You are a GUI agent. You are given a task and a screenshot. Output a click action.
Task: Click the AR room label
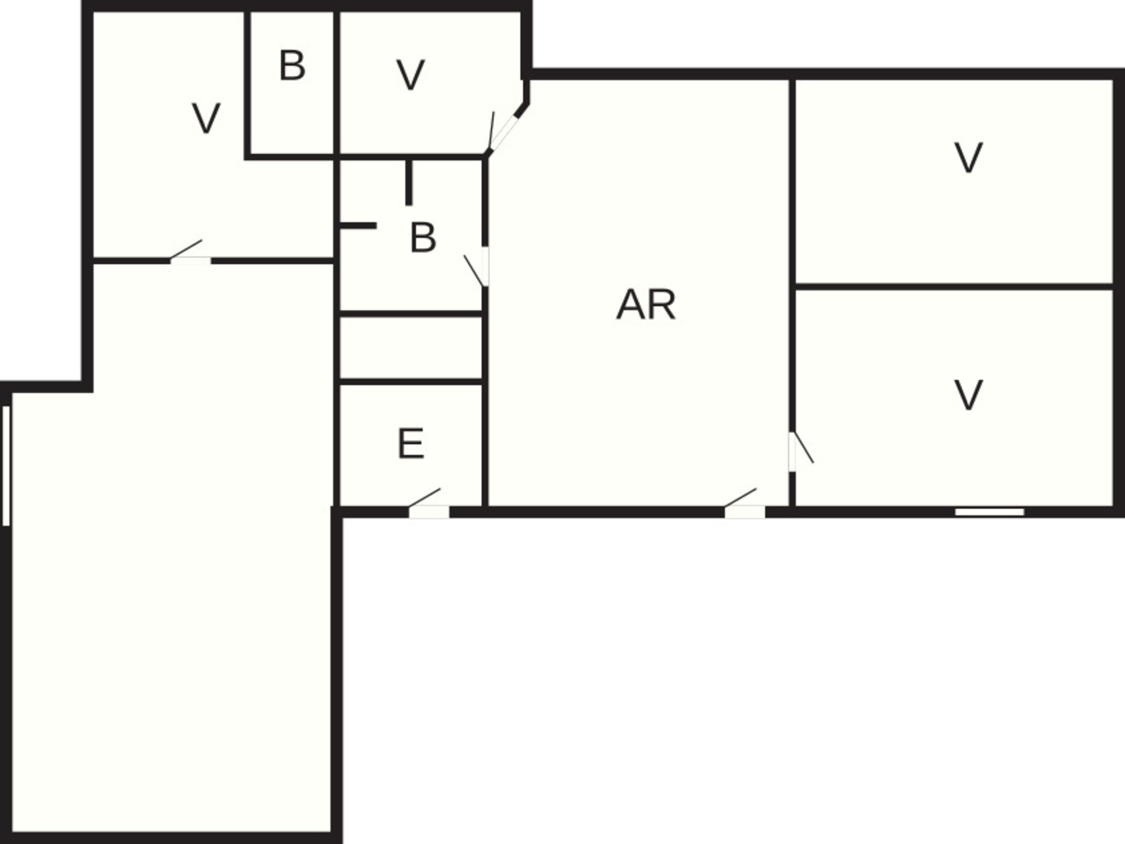click(646, 305)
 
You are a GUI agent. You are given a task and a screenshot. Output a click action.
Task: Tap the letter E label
click(411, 444)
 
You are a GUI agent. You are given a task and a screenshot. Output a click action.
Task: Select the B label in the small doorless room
click(292, 66)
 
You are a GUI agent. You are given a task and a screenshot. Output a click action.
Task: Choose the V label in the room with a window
click(968, 395)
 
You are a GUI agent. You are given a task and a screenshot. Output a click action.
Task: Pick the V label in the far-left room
click(206, 118)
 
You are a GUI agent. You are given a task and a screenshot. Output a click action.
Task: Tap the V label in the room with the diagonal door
click(410, 75)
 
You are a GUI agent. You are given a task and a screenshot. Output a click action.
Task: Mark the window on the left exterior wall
click(6, 466)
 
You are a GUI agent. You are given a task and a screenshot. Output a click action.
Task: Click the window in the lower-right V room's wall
click(989, 512)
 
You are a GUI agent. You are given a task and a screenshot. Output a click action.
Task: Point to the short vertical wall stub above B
click(409, 182)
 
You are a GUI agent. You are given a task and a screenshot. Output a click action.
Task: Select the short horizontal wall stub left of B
click(358, 226)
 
